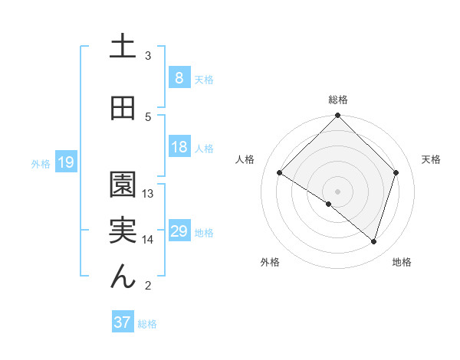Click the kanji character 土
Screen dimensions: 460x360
click(123, 45)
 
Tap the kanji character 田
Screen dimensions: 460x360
click(123, 109)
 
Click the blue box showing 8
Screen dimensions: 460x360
click(179, 77)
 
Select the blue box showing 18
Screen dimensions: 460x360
click(179, 147)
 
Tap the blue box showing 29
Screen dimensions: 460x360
click(179, 231)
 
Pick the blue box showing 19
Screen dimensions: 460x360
click(65, 162)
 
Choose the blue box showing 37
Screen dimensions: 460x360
click(122, 322)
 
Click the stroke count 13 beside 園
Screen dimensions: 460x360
click(148, 193)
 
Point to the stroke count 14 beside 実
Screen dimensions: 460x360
click(148, 240)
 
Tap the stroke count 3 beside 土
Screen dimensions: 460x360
click(148, 55)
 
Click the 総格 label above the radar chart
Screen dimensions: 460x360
click(338, 100)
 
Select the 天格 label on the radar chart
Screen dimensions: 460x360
click(431, 159)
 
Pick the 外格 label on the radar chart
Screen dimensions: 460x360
click(270, 262)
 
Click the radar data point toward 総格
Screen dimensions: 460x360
click(338, 116)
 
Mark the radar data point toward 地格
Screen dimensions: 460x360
click(373, 241)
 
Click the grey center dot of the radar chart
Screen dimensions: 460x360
click(337, 191)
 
